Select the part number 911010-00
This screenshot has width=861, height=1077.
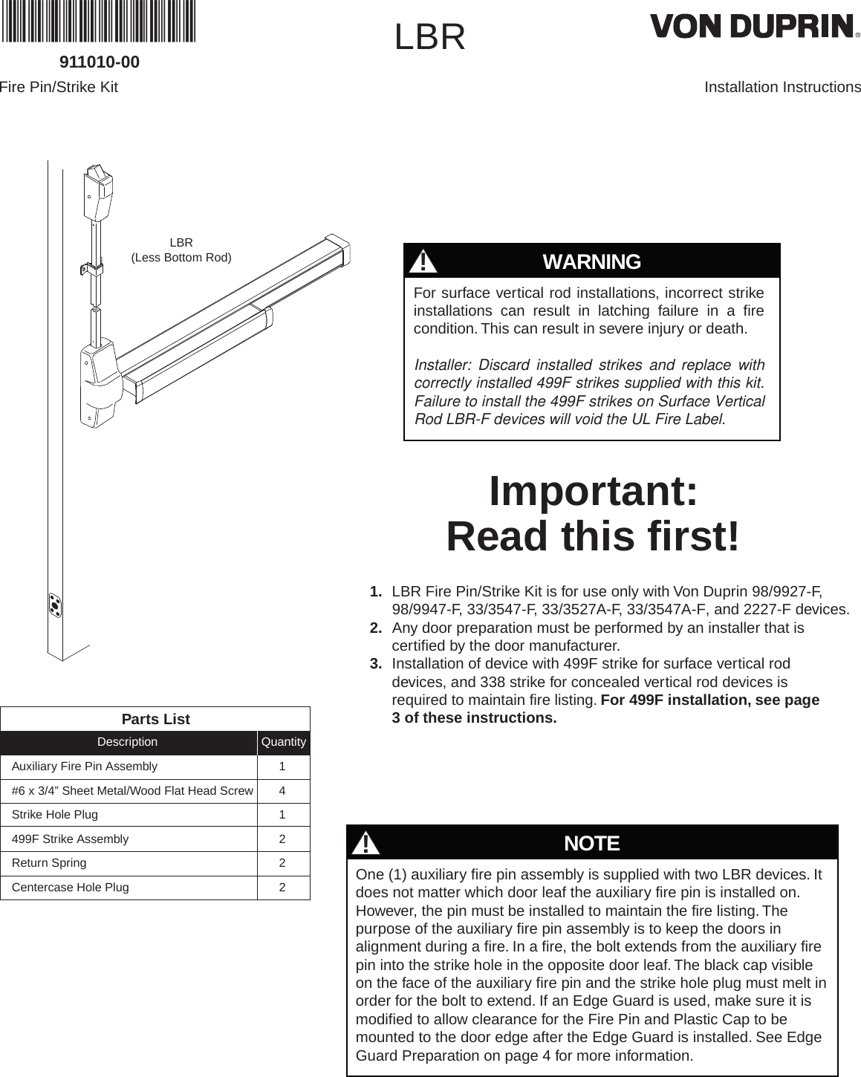pos(99,62)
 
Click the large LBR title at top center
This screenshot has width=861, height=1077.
pos(430,37)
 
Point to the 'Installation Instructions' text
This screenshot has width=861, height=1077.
pos(782,88)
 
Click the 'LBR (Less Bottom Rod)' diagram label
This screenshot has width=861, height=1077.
pos(181,250)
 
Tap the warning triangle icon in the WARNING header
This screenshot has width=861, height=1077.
pos(423,262)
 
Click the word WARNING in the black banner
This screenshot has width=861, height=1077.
pos(591,262)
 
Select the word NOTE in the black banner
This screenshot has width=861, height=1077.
pos(591,844)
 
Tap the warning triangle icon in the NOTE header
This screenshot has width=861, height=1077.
pos(365,844)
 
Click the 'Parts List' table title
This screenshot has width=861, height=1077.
pos(155,719)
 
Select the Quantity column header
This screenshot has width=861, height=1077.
pos(284,742)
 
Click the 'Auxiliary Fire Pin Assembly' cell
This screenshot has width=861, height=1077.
pos(85,767)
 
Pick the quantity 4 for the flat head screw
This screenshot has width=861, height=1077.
pos(283,791)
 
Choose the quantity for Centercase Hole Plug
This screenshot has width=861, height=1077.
pos(283,888)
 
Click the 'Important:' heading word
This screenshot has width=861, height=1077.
pos(593,491)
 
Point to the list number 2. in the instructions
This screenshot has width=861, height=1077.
pos(377,628)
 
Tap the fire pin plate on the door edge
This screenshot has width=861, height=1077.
pos(54,605)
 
